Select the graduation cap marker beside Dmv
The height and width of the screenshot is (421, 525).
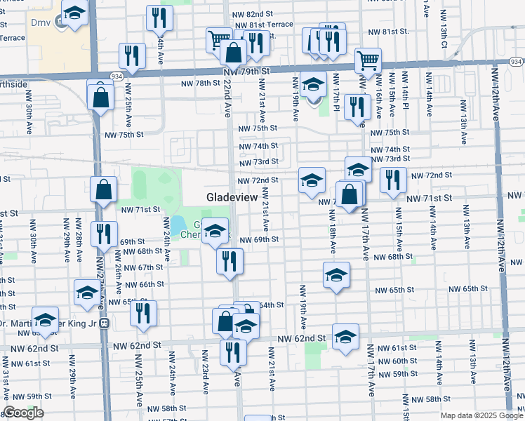[74, 13]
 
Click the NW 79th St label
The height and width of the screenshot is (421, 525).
[246, 72]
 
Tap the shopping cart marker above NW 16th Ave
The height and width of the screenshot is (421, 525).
[367, 62]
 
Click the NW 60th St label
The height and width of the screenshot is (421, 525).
[405, 361]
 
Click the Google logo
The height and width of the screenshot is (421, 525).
[23, 413]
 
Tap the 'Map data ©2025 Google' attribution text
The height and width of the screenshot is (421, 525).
[481, 415]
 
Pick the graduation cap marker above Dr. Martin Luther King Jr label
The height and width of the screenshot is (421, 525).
[46, 320]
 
